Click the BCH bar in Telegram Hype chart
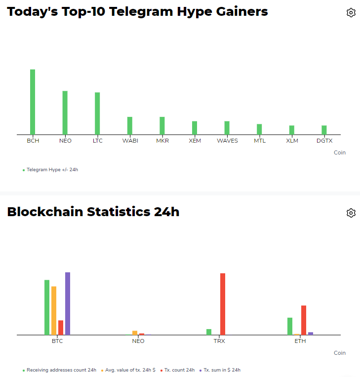[x=33, y=102]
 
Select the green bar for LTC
[x=97, y=113]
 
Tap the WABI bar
[x=130, y=125]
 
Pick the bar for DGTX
[x=324, y=130]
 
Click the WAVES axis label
[x=227, y=141]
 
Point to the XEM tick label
[x=195, y=141]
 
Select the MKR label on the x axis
[x=162, y=141]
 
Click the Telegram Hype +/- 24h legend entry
[x=52, y=170]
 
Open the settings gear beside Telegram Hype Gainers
[x=351, y=13]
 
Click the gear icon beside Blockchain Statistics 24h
[x=351, y=213]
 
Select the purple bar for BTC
[x=68, y=303]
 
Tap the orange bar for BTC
[x=54, y=310]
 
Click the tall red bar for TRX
[x=223, y=304]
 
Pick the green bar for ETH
[x=290, y=326]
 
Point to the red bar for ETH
[x=304, y=320]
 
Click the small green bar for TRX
[x=209, y=332]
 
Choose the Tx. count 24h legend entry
[x=179, y=370]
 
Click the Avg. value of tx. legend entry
[x=130, y=370]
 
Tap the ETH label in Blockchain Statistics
[x=300, y=341]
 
